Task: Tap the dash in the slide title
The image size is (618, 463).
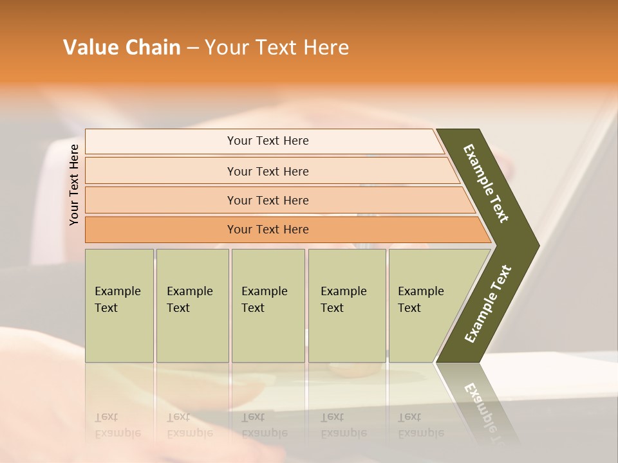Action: [192, 48]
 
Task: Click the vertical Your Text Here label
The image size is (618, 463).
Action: [74, 185]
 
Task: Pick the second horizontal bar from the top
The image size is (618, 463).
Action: [267, 171]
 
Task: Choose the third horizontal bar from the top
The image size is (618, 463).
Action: [267, 200]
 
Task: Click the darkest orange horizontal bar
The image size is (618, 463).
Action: [267, 230]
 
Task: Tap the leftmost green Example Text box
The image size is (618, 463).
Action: [119, 305]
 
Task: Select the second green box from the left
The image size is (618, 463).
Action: [192, 305]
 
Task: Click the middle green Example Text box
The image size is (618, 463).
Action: [268, 305]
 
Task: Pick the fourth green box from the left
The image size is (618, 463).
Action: [346, 305]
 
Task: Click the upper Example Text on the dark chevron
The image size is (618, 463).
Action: [486, 183]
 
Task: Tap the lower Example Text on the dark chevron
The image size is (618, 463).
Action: [487, 304]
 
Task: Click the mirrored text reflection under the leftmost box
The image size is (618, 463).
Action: [118, 426]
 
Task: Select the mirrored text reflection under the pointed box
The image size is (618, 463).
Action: [420, 426]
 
